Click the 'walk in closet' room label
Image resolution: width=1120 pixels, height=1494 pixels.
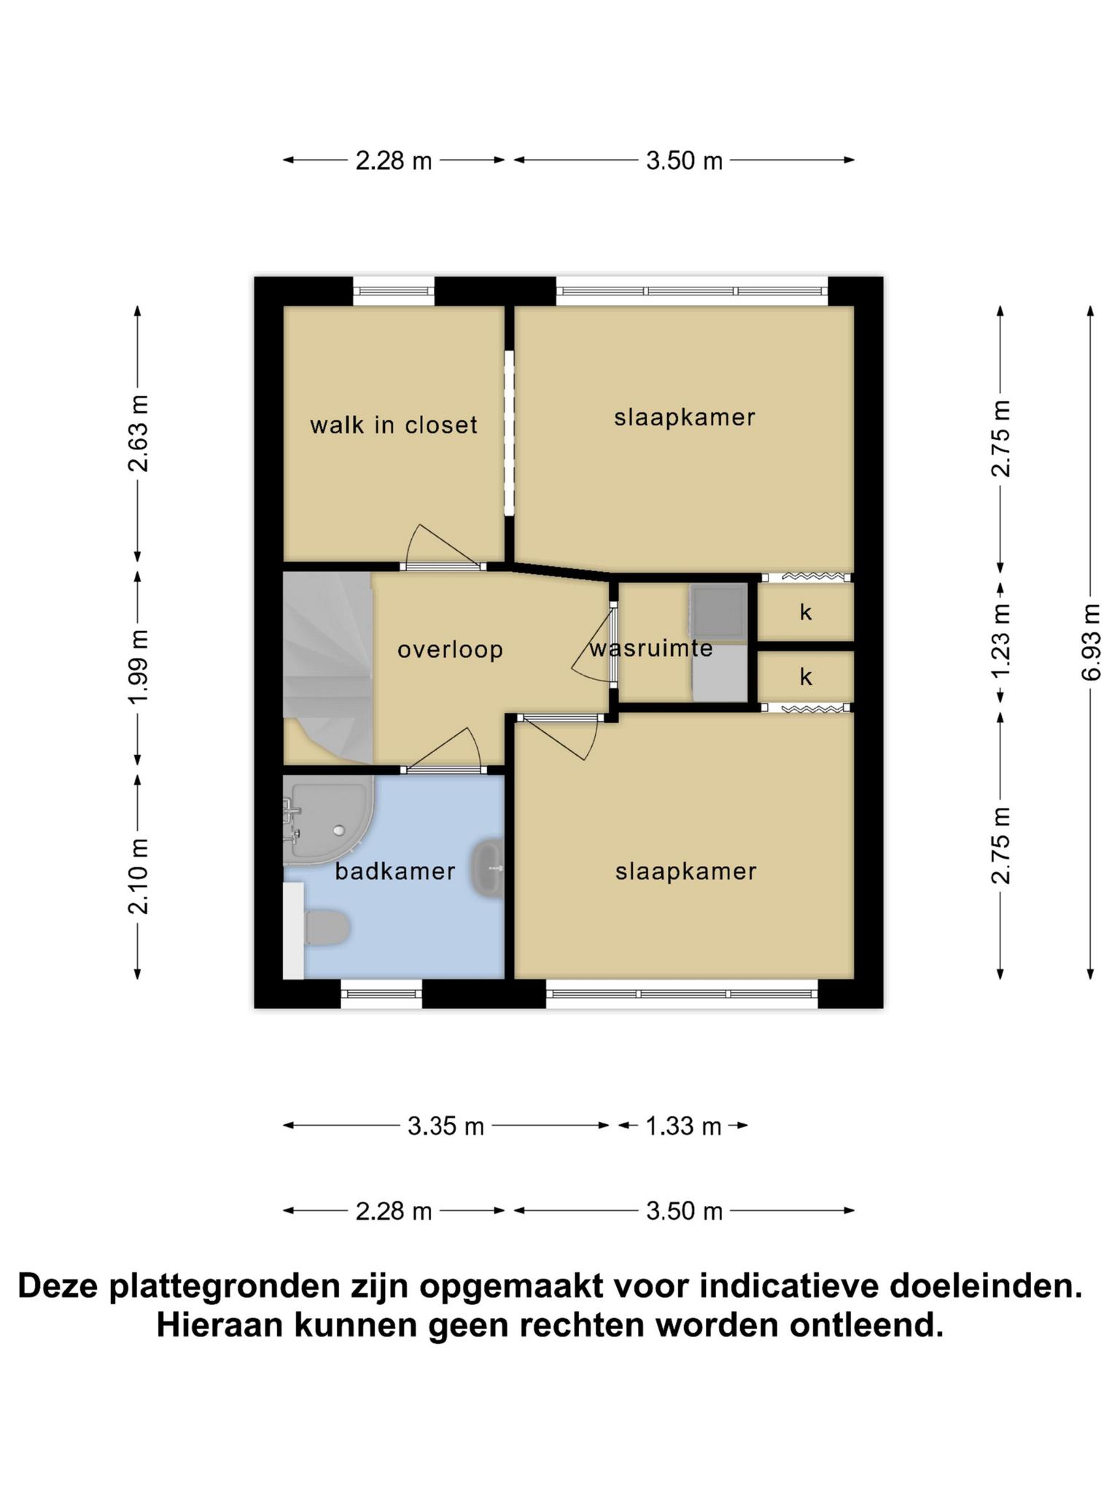(x=393, y=425)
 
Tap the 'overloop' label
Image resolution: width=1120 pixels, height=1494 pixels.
(x=450, y=649)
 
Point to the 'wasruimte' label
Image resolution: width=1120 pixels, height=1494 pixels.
(x=651, y=648)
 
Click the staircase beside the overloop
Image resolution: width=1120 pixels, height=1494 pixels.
(x=328, y=667)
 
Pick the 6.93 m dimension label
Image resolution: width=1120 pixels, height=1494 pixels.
(x=1090, y=642)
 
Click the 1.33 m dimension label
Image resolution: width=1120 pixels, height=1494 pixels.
(x=683, y=1126)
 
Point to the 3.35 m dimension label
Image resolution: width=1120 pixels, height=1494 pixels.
(x=446, y=1126)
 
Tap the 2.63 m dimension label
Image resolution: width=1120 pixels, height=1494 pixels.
(x=138, y=433)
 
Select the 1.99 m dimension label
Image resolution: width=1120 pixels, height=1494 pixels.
(x=138, y=666)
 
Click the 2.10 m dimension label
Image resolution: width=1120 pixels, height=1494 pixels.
(x=138, y=876)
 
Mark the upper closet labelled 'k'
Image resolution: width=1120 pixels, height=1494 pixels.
(x=806, y=612)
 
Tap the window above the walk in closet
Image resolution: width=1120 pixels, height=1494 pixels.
(x=394, y=292)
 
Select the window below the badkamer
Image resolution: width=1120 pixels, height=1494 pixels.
(x=381, y=993)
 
